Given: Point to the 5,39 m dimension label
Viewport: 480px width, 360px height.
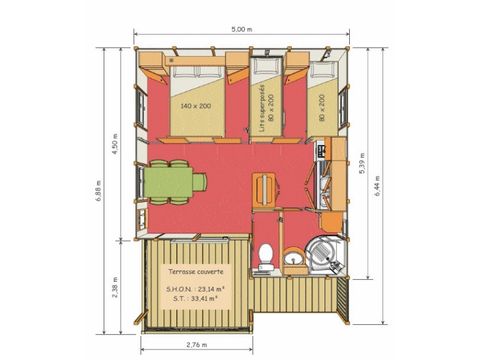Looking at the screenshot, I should (x=362, y=163).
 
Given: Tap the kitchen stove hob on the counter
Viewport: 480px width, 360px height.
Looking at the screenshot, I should (x=322, y=151).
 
